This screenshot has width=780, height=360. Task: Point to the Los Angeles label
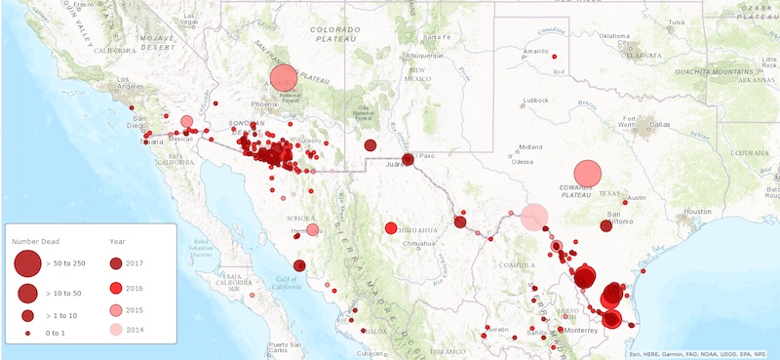tap(136, 80)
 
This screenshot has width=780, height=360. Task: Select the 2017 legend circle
tap(115, 262)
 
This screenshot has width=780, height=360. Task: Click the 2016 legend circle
tap(115, 287)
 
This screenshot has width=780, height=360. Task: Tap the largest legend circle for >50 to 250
tap(27, 262)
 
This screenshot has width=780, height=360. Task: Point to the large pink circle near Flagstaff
tap(283, 78)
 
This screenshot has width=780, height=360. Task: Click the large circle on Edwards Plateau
tap(587, 174)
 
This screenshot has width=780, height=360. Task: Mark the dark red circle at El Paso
tap(408, 160)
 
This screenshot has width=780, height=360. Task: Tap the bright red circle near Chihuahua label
tap(391, 228)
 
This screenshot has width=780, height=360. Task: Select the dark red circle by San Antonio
tap(605, 225)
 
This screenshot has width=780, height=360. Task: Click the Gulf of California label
tap(257, 282)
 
